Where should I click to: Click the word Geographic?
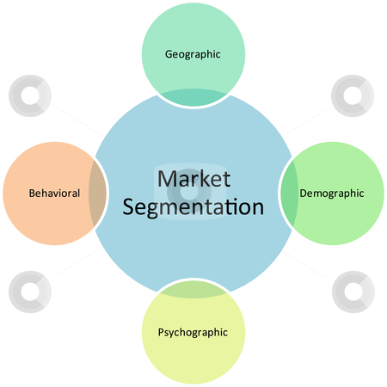tap(193, 54)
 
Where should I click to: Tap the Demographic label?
tap(332, 193)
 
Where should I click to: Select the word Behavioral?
tap(54, 193)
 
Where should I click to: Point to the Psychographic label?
tap(193, 333)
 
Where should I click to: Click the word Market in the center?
tap(193, 179)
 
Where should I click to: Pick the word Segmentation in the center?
tap(193, 207)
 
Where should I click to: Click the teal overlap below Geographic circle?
tap(193, 97)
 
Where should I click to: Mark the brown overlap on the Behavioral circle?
tap(97, 193)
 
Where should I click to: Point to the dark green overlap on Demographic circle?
tap(289, 193)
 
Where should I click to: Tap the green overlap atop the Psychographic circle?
tap(193, 290)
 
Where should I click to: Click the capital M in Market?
tap(167, 179)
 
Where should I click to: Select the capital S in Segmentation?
tap(128, 206)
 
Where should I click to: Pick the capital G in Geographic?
tap(169, 54)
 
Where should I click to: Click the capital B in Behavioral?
tap(32, 193)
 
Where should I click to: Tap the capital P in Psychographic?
tap(161, 332)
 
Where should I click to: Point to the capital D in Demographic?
tap(304, 193)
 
